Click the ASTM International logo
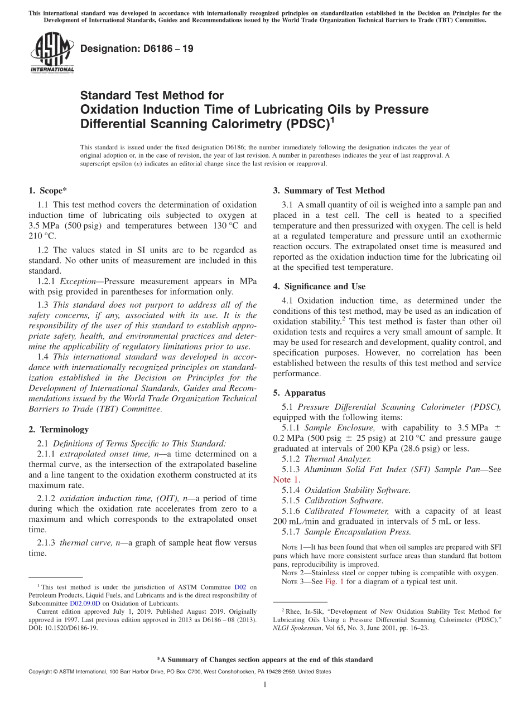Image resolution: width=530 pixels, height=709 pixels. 52,52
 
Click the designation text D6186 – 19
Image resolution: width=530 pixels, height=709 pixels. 137,48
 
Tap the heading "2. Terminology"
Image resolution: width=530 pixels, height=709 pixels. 59,429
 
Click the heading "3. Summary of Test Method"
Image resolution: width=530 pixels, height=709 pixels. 329,191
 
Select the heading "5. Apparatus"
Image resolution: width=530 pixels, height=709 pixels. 299,392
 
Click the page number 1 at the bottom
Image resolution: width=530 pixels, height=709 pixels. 265,684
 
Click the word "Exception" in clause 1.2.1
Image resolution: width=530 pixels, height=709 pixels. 79,281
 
